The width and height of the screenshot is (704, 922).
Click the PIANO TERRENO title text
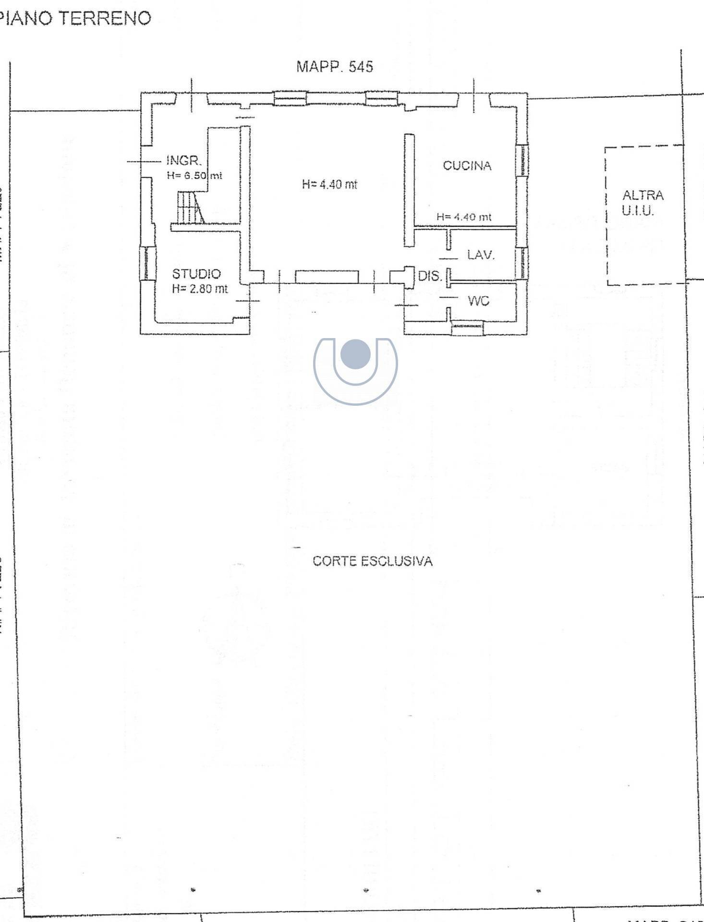(75, 18)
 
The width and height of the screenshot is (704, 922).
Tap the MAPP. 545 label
(334, 67)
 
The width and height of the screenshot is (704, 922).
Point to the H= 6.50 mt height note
(194, 176)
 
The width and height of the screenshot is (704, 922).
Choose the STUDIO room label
(196, 274)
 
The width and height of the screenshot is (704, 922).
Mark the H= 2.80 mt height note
(200, 289)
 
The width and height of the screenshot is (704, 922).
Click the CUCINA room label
(467, 166)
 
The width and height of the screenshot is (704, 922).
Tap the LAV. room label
(481, 255)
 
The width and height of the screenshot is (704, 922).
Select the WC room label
(478, 301)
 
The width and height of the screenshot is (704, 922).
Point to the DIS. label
(429, 276)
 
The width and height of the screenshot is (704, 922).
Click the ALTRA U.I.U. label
(642, 203)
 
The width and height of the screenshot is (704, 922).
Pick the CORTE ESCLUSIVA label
(372, 561)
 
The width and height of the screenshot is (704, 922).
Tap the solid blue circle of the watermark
(355, 354)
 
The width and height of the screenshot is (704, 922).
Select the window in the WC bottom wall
(467, 328)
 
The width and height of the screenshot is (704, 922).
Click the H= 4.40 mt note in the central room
(329, 184)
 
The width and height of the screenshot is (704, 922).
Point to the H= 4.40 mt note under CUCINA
(463, 217)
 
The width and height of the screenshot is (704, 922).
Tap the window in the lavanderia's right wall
(522, 263)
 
